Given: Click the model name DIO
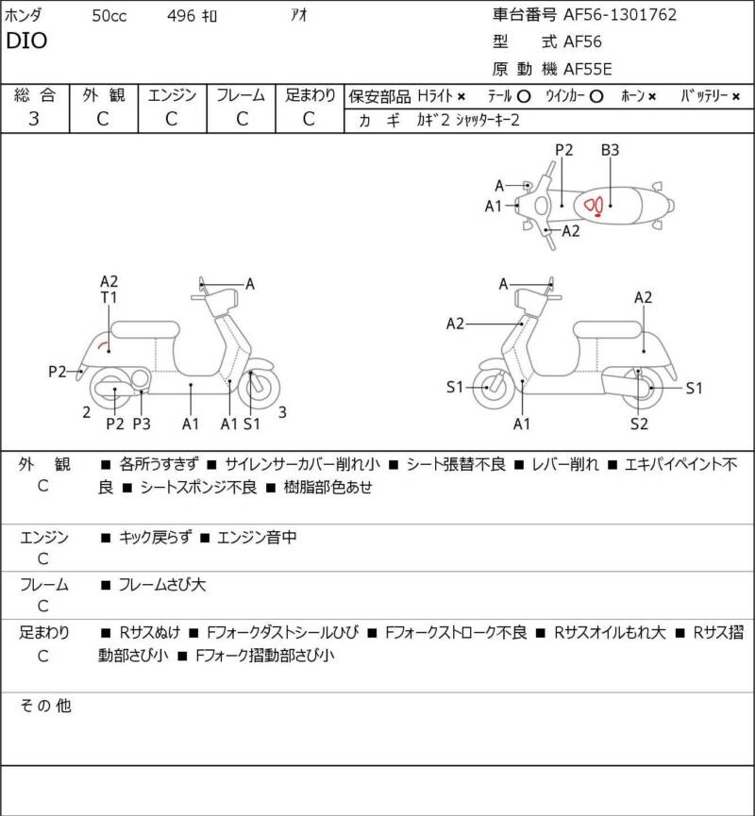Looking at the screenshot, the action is pos(26,41).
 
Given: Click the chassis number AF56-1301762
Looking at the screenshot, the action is pos(620,14).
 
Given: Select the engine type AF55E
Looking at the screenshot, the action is pos(588,69).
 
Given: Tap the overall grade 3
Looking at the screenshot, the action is pos(34,119).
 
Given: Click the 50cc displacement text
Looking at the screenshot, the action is pos(109,16).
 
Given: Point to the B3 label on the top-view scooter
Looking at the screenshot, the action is pos(610,150).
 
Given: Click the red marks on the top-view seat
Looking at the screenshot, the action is pos(595,206).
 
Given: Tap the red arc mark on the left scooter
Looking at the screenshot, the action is pos(104,342).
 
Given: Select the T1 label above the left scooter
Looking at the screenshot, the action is pos(109,298).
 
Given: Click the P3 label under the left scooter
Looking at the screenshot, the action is pos(142,424).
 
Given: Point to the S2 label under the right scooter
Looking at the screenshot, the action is pos(639,424).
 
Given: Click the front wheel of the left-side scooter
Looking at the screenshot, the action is pos(259,388).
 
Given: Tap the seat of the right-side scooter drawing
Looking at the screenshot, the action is pos(607,330).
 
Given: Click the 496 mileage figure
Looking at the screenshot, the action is pos(181,16).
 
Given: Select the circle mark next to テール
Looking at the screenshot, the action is pos(524,96).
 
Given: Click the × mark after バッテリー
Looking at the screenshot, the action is pos(735,96).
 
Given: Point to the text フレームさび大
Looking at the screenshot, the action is pos(162,585).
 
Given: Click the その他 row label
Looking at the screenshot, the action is pos(45,706).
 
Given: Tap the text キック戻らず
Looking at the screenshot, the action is pos(155,537).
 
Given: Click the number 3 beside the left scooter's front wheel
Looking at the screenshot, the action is pos(282,412).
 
